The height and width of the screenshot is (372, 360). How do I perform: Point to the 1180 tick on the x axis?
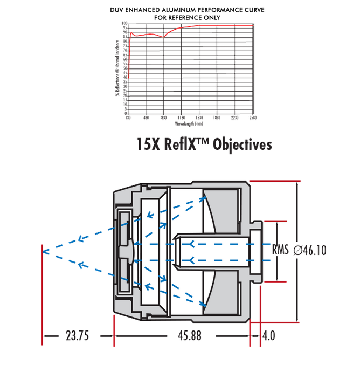pyautogui.click(x=181, y=118)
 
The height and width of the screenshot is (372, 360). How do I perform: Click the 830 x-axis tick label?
pyautogui.click(x=163, y=118)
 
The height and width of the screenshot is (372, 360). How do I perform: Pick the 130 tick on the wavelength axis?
pyautogui.click(x=128, y=118)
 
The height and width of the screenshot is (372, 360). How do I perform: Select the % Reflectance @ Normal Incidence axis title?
pyautogui.click(x=117, y=68)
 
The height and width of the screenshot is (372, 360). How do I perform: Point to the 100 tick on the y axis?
pyautogui.click(x=124, y=24)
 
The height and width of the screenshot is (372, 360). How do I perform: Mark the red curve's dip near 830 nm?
pyautogui.click(x=163, y=37)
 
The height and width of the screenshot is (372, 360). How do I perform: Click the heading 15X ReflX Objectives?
pyautogui.click(x=205, y=145)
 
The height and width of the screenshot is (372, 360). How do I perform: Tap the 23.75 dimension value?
pyautogui.click(x=77, y=335)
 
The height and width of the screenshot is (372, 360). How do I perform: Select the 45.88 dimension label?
pyautogui.click(x=189, y=335)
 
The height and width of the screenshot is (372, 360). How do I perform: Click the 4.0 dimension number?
pyautogui.click(x=268, y=335)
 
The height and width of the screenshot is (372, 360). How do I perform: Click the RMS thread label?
pyautogui.click(x=280, y=250)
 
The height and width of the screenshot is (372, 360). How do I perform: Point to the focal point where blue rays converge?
pyautogui.click(x=43, y=251)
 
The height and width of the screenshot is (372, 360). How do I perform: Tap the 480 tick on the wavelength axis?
pyautogui.click(x=146, y=118)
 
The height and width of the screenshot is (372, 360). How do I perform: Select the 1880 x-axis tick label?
pyautogui.click(x=217, y=118)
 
